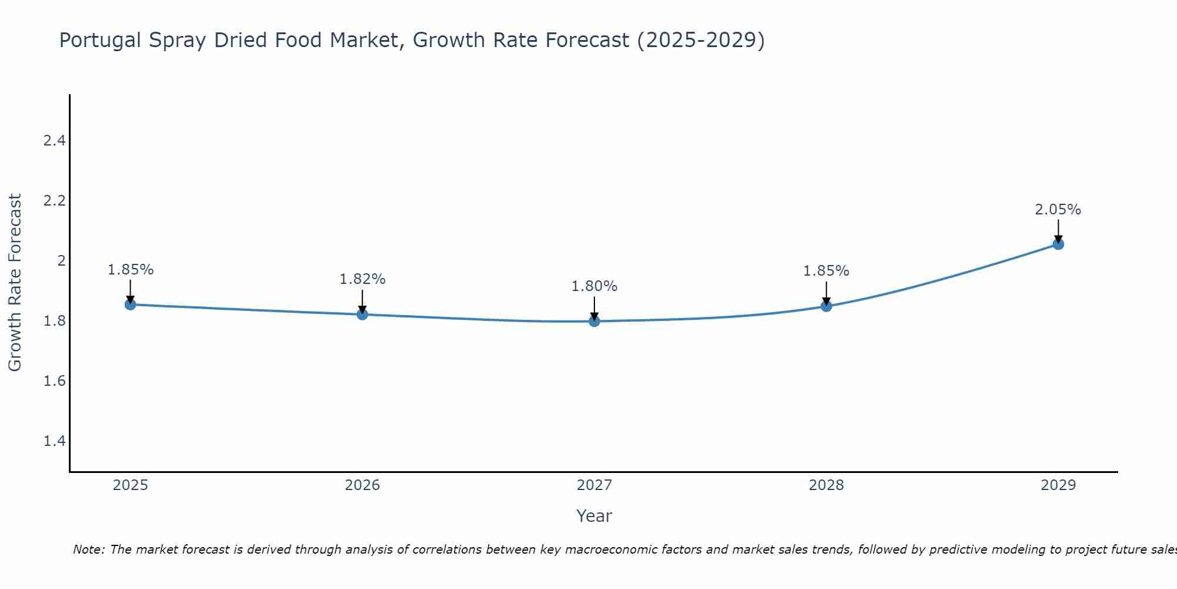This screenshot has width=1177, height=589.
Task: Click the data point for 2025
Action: point(131,305)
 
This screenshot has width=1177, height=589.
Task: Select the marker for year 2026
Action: point(363,315)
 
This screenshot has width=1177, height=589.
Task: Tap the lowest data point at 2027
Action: point(594,321)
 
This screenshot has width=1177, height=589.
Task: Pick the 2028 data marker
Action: point(826,306)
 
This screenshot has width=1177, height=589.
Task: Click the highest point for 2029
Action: point(1058,244)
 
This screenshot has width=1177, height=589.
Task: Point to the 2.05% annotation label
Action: point(1058,210)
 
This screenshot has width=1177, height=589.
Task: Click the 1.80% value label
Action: point(594,286)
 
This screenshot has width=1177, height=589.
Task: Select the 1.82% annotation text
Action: point(363,279)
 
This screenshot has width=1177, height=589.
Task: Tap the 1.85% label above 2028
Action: point(826,271)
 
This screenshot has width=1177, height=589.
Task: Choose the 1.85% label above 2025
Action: point(131,270)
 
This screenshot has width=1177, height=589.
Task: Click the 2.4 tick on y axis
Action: point(55,141)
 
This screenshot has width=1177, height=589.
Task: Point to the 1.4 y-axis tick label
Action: point(55,441)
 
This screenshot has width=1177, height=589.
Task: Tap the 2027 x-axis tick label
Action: point(594,485)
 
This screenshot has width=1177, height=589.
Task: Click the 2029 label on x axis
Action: point(1058,485)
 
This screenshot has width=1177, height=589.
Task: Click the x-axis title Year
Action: point(594,516)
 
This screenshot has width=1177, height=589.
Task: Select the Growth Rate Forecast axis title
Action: point(15,283)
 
